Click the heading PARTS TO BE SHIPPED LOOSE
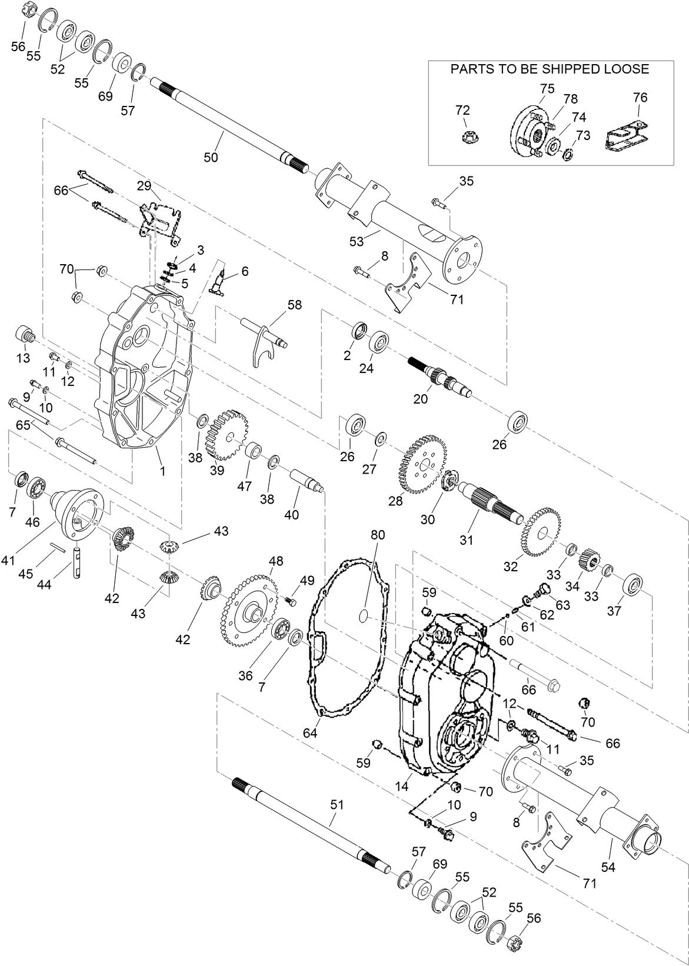(x=550, y=69)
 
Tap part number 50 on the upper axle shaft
(x=211, y=157)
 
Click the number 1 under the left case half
(x=162, y=471)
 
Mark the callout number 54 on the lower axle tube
(x=609, y=867)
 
